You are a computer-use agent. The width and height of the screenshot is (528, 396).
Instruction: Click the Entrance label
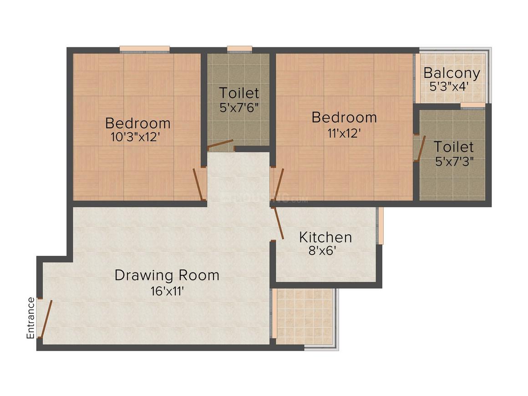point(30,318)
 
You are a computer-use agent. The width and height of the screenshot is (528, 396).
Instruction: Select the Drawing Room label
point(167,275)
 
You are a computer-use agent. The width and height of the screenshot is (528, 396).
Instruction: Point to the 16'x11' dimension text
point(167,291)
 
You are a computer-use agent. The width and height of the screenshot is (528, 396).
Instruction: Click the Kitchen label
point(325,237)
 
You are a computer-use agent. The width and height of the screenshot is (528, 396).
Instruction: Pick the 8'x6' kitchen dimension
point(322,251)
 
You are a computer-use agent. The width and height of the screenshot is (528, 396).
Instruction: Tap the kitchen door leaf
point(279,223)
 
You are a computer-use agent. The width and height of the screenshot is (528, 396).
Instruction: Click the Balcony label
point(452,73)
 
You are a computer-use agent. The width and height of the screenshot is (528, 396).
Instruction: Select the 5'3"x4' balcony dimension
point(449,86)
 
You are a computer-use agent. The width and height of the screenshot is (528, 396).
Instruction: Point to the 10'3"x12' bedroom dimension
point(135,137)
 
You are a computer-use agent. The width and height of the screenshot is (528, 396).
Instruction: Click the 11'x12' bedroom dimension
point(344,133)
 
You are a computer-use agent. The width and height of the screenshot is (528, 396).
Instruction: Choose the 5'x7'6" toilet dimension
point(239,108)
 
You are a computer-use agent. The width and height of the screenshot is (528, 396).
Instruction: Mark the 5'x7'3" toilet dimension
point(455,162)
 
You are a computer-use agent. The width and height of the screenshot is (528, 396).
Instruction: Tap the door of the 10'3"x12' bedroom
point(198,184)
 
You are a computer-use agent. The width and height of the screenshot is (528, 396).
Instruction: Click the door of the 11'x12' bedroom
point(279,184)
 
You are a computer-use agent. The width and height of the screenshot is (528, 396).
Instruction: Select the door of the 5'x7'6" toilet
point(220,144)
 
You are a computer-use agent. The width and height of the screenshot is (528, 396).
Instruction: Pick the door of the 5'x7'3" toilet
point(421,148)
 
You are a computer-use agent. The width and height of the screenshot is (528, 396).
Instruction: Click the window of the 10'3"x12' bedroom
point(145,50)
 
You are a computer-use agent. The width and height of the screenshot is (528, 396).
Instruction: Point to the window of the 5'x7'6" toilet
point(239,50)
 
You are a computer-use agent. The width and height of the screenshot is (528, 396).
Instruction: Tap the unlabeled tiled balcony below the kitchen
point(305,316)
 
